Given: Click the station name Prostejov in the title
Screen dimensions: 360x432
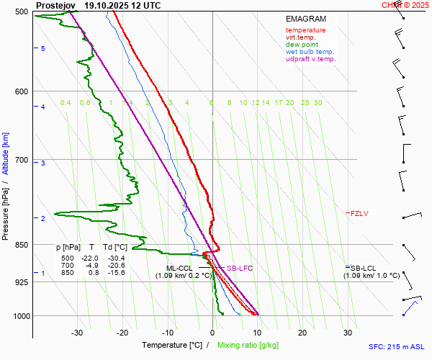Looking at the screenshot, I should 55,5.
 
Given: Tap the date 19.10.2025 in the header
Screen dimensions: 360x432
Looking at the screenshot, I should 107,5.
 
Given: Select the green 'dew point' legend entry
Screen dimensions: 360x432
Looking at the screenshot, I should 302,45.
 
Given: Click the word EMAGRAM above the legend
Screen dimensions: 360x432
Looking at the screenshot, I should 305,19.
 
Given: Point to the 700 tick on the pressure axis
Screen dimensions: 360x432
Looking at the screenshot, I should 22,160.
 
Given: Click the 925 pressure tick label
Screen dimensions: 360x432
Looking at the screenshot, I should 22,282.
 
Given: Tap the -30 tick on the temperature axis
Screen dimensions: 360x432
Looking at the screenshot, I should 77,333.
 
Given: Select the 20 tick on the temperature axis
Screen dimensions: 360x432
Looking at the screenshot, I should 302,333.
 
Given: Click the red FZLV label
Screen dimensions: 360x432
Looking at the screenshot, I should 359,213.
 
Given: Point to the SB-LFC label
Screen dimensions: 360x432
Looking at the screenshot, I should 240,269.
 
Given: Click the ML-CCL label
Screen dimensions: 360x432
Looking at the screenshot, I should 179,268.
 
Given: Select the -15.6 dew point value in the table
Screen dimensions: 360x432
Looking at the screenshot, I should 114,273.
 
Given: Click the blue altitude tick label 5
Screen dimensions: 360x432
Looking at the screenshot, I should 42,48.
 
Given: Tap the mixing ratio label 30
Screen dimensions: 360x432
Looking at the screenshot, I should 318,103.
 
